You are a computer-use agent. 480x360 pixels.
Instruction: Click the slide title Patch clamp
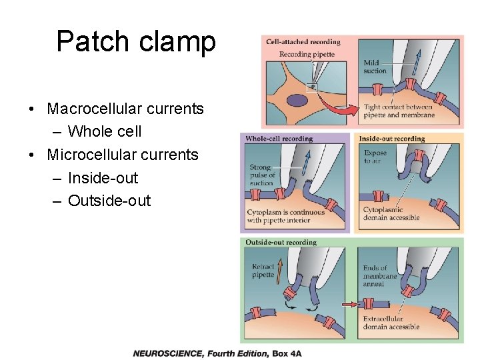136,41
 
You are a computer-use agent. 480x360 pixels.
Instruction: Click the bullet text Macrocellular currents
125,109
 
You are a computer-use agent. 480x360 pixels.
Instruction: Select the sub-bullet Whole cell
105,131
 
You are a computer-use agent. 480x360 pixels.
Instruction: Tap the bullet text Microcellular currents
123,155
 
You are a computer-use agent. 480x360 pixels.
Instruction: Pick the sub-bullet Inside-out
103,178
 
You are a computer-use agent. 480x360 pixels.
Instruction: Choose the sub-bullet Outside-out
109,201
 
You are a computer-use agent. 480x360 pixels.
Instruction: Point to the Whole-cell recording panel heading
279,139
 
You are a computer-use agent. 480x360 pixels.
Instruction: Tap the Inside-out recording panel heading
392,139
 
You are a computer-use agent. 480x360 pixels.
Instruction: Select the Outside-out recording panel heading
281,242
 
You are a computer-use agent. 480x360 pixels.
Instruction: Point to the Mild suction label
375,67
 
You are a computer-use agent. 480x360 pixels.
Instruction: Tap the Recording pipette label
306,54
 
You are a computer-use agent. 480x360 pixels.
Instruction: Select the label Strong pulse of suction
261,175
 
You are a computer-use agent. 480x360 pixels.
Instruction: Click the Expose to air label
375,157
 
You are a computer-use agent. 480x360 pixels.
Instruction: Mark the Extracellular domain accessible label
391,323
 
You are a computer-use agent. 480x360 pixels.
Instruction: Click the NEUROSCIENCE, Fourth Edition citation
217,353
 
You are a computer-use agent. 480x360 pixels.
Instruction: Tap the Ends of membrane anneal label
379,276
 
